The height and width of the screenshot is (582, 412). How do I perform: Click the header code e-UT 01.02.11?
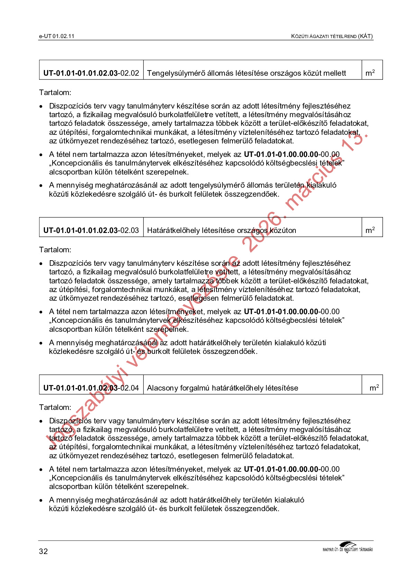(x=57, y=36)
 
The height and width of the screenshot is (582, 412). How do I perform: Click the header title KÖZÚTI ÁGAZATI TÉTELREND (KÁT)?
(x=332, y=36)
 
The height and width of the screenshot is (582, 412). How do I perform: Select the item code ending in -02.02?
(x=91, y=73)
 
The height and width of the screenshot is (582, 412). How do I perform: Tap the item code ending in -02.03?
(x=91, y=231)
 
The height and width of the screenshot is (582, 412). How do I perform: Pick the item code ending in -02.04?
(x=91, y=388)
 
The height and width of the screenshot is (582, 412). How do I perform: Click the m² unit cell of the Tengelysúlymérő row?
(x=370, y=73)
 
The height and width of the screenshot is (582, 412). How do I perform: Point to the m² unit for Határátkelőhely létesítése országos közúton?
(x=370, y=230)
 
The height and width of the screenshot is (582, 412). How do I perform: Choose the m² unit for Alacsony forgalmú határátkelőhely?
(x=374, y=388)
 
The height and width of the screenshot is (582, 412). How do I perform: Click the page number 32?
(x=44, y=551)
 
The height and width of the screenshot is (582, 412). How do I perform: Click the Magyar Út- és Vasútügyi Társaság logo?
(x=347, y=547)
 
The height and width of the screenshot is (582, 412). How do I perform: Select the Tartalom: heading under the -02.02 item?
(x=55, y=93)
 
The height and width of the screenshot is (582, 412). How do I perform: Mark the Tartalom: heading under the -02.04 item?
(x=55, y=407)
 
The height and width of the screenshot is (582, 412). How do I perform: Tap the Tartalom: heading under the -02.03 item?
(x=55, y=250)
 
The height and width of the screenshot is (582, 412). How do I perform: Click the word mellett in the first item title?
(x=335, y=73)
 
